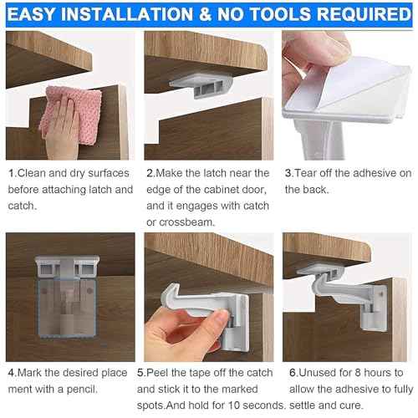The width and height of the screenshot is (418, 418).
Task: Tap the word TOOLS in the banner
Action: (281, 15)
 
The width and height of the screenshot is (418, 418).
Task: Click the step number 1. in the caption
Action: (12, 173)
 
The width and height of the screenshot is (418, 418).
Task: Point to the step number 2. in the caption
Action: (150, 173)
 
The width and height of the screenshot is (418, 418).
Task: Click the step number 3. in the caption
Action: (289, 173)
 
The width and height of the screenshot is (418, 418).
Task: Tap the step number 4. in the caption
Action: (12, 372)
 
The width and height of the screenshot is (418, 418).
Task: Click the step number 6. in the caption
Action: (289, 372)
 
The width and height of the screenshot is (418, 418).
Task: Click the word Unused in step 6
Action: (314, 372)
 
